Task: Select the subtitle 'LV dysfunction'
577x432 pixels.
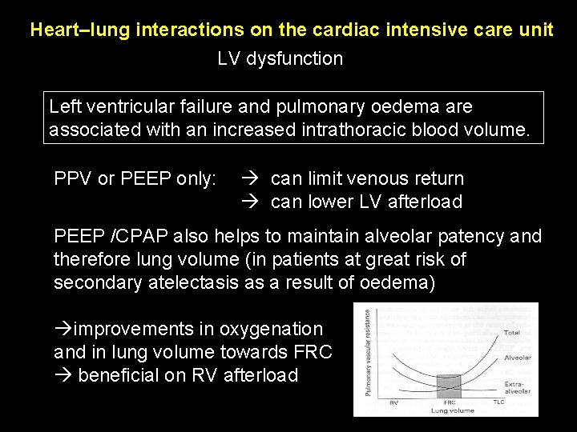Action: pyautogui.click(x=280, y=58)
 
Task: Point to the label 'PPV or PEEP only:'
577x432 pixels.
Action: pyautogui.click(x=135, y=178)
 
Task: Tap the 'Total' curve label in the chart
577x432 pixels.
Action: pyautogui.click(x=511, y=332)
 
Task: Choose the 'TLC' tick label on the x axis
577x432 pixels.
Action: pyautogui.click(x=499, y=402)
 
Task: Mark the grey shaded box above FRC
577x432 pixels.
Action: pyautogui.click(x=447, y=386)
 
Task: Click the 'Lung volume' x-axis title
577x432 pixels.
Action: pyautogui.click(x=452, y=410)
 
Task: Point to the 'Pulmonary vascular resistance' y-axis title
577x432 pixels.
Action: pyautogui.click(x=369, y=353)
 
